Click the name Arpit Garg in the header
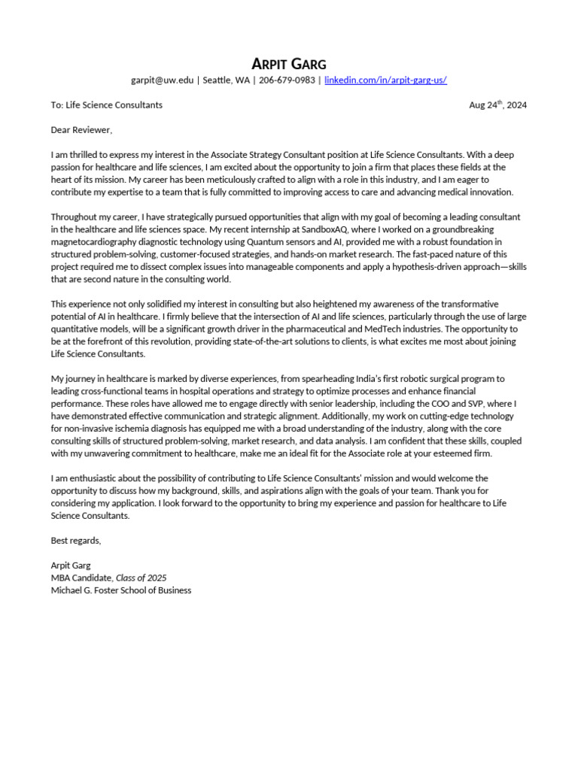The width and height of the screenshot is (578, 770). pos(289,63)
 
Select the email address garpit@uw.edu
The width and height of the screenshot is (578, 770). pos(162,80)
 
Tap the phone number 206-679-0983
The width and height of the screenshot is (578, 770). pos(287,80)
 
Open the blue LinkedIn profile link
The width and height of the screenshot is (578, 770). pos(385,80)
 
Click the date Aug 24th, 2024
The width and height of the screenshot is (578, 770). pos(497,105)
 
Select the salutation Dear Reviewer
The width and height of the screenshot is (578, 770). pos(81,130)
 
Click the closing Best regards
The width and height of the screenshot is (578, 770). pos(75,540)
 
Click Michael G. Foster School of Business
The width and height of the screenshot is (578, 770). pos(120,590)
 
